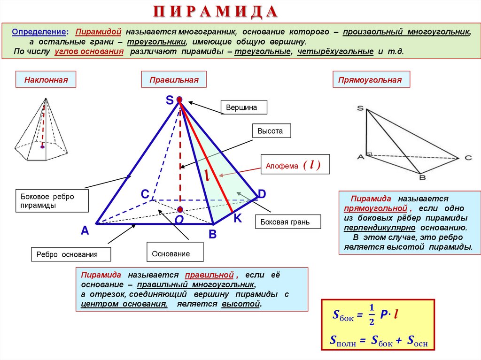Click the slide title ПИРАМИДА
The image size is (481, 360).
216,11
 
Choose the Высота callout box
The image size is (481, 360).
271,131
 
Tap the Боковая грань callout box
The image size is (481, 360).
288,222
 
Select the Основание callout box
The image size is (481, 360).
175,254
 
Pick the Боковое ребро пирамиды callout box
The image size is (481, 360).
52,201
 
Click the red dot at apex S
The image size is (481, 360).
179,100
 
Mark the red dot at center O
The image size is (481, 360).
180,209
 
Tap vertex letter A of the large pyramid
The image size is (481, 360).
85,230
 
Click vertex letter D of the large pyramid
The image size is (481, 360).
262,193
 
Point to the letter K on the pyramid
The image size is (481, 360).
238,218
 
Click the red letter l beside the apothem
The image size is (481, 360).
206,175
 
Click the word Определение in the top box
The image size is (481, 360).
39,32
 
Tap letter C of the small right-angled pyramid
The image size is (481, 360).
468,158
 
